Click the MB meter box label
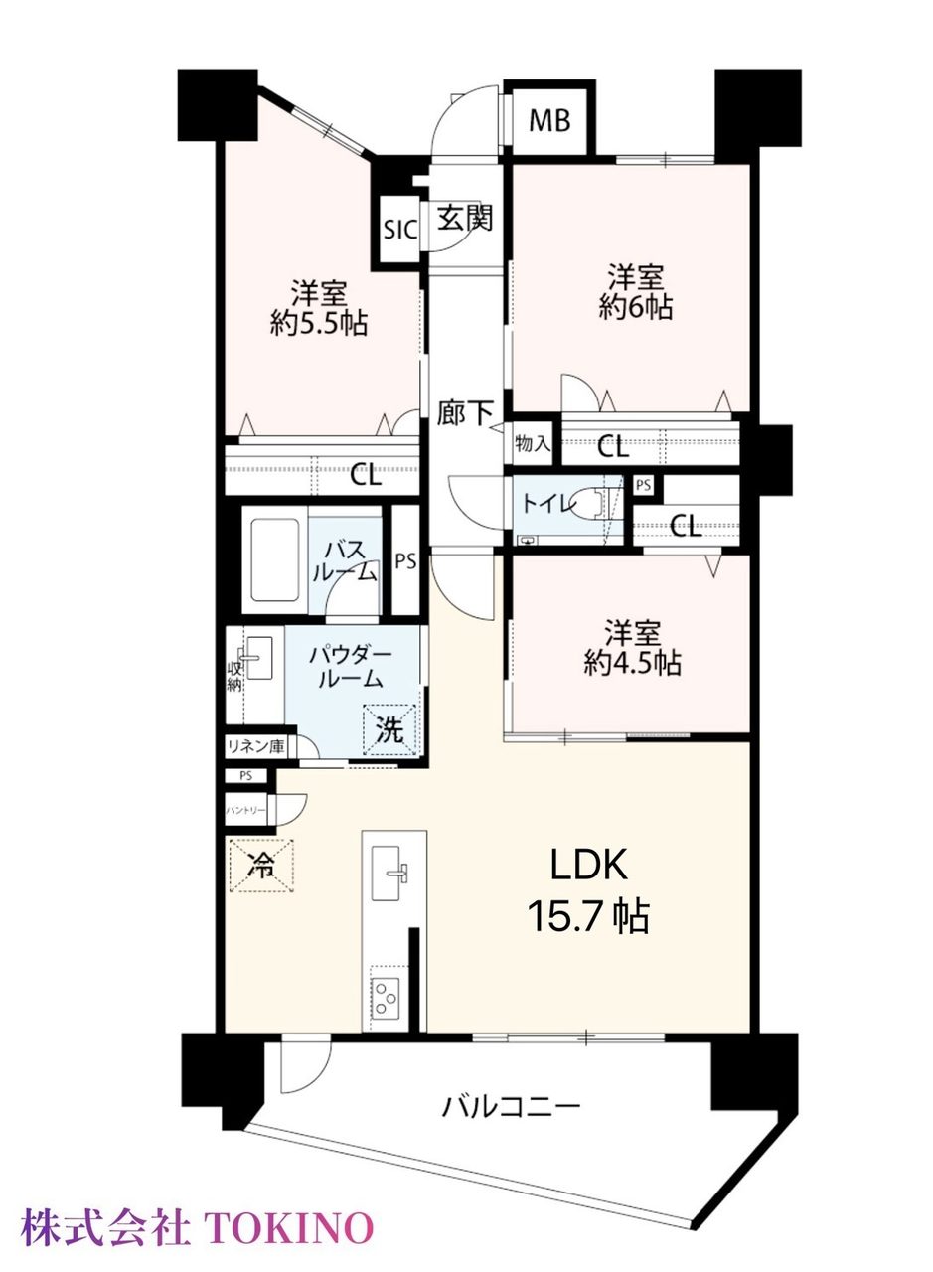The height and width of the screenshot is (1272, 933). [x=549, y=121]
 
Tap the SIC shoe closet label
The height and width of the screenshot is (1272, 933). [x=399, y=230]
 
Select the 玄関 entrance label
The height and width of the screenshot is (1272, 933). [x=464, y=217]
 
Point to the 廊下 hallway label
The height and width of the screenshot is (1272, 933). [x=464, y=412]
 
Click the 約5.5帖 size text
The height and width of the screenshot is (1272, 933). [x=319, y=324]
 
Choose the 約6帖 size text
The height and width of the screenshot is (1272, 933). [x=636, y=307]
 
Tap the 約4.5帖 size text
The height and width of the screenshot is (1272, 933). [x=632, y=663]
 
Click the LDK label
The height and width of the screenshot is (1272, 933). [x=589, y=865]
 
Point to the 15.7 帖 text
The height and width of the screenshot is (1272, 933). [x=588, y=916]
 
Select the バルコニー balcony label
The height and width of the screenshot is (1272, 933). [x=511, y=1106]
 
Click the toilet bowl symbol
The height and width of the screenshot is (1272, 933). [x=588, y=502]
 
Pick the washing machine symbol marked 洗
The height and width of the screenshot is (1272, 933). [x=390, y=730]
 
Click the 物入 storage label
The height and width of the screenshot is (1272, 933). [x=533, y=443]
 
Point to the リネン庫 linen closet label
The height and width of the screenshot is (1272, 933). [x=255, y=746]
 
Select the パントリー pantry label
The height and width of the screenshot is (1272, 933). [x=245, y=809]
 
